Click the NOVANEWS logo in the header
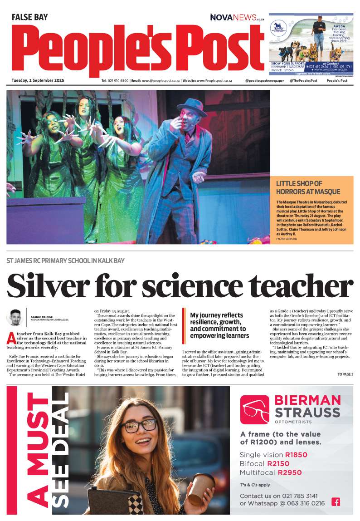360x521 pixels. tap(237, 17)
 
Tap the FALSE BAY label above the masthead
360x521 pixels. tap(29, 18)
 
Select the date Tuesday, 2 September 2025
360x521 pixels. tap(38, 81)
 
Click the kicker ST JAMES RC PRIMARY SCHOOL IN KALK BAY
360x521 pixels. tap(66, 261)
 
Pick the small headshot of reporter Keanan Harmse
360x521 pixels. tap(15, 317)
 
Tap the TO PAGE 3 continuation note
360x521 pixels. tap(345, 374)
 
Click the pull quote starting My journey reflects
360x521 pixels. tap(217, 325)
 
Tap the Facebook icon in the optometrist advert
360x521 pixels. tap(336, 501)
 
